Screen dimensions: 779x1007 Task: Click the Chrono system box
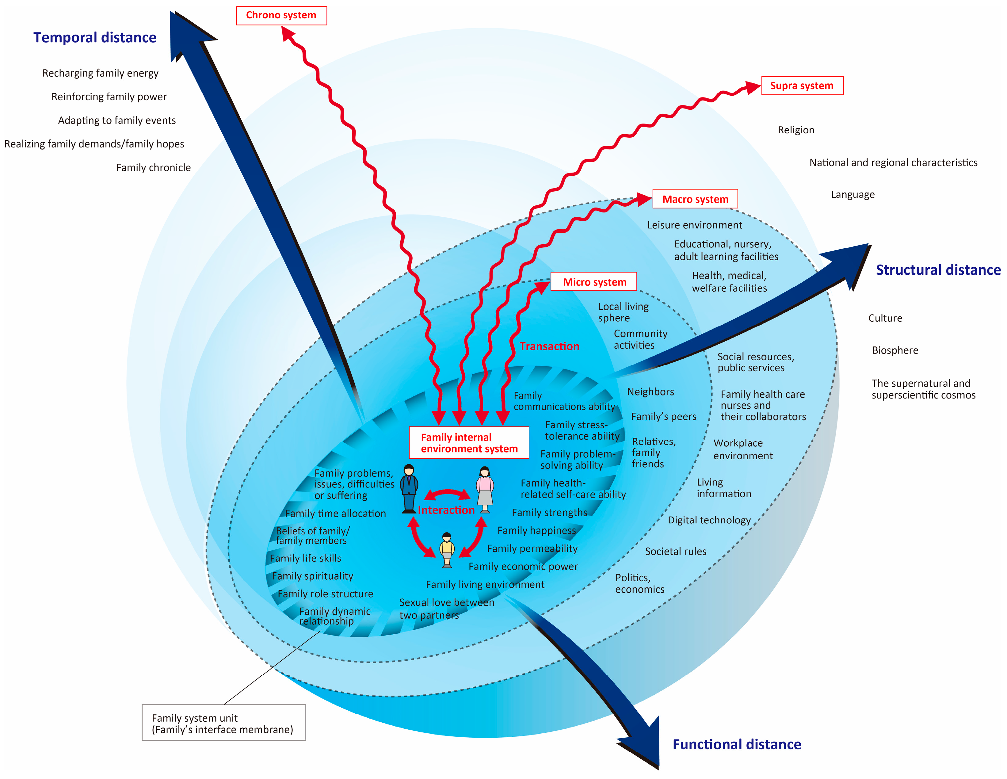point(281,15)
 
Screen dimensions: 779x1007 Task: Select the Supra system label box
point(802,86)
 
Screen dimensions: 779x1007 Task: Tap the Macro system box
point(695,199)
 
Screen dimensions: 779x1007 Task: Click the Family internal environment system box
point(469,443)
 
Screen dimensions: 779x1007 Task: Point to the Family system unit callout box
point(223,723)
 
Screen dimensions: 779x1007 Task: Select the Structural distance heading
point(938,270)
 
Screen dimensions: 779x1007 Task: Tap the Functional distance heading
point(736,744)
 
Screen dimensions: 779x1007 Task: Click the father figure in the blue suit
point(409,489)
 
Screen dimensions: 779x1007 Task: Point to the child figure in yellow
point(447,550)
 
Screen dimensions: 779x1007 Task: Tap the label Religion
point(796,130)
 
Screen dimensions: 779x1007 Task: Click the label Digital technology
point(709,520)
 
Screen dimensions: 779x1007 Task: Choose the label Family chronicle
point(153,167)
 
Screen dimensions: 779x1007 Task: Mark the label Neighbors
point(650,391)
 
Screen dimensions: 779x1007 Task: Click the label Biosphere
point(894,350)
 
